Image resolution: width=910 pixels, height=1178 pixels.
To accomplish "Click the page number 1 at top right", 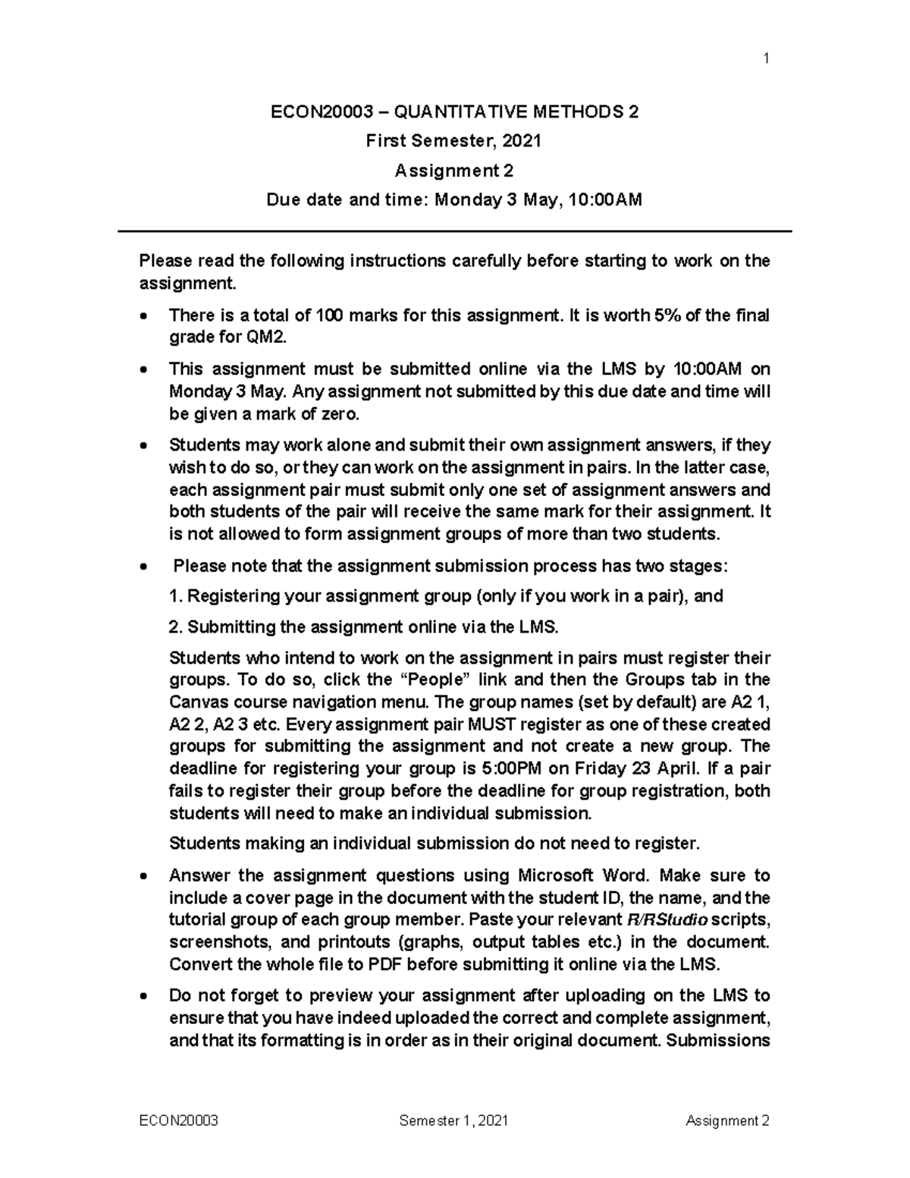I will [x=767, y=58].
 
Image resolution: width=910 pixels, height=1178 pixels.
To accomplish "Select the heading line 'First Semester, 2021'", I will [x=454, y=141].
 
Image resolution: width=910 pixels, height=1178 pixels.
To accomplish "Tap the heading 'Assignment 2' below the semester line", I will [x=454, y=171].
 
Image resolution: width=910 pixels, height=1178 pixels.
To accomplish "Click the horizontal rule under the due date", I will [x=454, y=231].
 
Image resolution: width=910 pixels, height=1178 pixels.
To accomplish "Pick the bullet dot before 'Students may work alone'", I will [x=144, y=446].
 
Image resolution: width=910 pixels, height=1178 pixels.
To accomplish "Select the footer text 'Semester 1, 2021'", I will [x=453, y=1121].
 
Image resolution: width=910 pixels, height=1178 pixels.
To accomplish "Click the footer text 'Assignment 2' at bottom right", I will [x=727, y=1121].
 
